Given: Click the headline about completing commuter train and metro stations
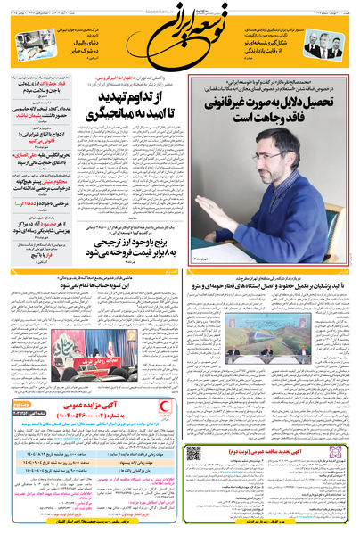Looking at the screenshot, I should (273, 284).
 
